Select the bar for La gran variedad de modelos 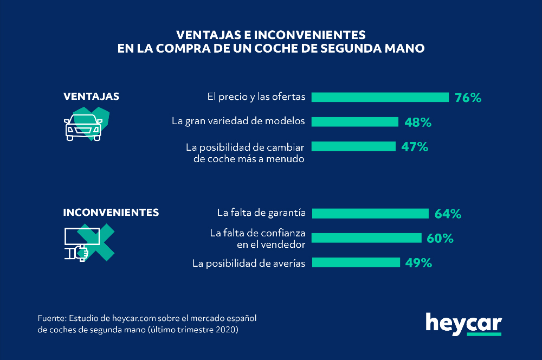tap(355, 121)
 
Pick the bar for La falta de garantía tap(370, 213)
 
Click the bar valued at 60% tap(367, 237)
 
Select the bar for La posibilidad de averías tap(356, 263)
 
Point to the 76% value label tap(468, 98)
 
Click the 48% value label tap(418, 122)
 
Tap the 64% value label tap(448, 214)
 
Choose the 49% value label tap(418, 263)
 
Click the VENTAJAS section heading tap(92, 97)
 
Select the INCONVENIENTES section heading tap(111, 213)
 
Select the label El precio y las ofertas tap(256, 98)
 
